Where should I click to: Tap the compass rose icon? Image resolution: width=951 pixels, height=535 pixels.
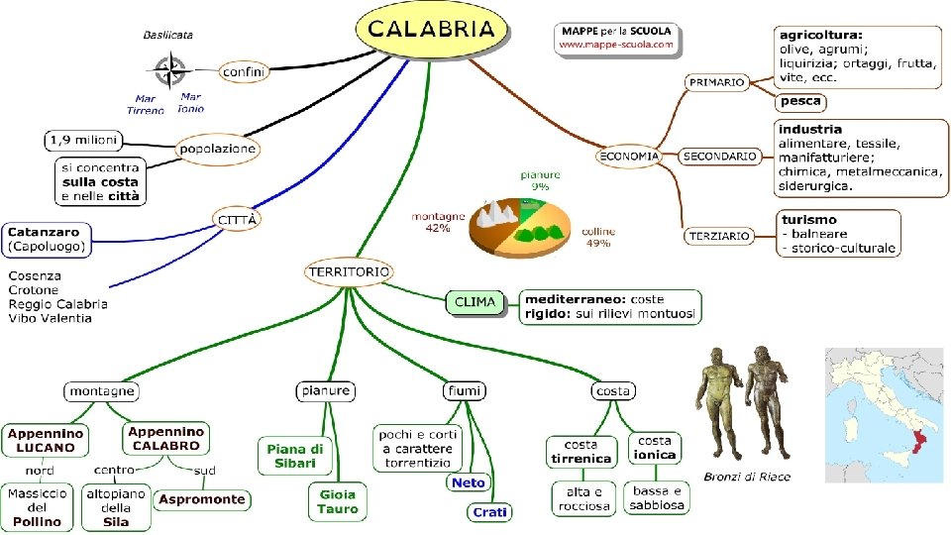pyautogui.click(x=170, y=70)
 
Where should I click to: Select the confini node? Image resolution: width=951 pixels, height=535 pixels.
pyautogui.click(x=243, y=71)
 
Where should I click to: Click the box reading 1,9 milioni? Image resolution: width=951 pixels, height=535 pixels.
pyautogui.click(x=83, y=141)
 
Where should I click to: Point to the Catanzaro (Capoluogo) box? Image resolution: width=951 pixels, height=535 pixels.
pyautogui.click(x=48, y=240)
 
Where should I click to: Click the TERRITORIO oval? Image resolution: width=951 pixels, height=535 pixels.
pyautogui.click(x=349, y=271)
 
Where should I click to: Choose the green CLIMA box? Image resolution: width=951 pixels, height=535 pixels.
pyautogui.click(x=475, y=302)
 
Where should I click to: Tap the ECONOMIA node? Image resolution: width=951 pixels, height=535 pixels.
pyautogui.click(x=628, y=157)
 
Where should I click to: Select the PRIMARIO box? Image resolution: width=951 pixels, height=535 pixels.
pyautogui.click(x=716, y=82)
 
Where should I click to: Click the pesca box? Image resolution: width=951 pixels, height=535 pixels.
pyautogui.click(x=800, y=101)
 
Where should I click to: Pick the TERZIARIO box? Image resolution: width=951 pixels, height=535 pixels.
pyautogui.click(x=719, y=236)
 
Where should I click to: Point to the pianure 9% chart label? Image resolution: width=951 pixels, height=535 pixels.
pyautogui.click(x=540, y=180)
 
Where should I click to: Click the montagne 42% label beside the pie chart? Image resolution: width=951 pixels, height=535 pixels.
pyautogui.click(x=438, y=222)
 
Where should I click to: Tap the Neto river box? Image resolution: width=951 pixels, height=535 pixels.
pyautogui.click(x=469, y=482)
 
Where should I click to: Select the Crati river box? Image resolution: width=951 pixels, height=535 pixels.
pyautogui.click(x=489, y=512)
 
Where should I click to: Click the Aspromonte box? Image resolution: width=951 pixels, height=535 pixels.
pyautogui.click(x=202, y=499)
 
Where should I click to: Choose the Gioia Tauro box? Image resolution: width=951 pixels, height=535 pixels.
pyautogui.click(x=337, y=501)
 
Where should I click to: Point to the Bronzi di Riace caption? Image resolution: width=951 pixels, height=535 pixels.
pyautogui.click(x=747, y=477)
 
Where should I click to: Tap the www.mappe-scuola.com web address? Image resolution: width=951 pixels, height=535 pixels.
pyautogui.click(x=615, y=45)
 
